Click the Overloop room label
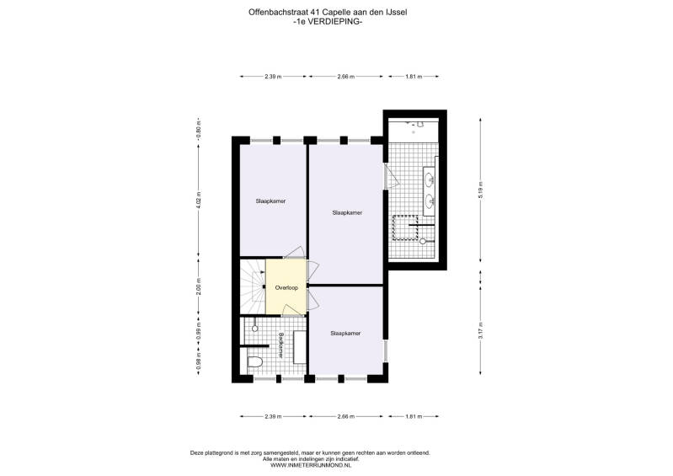click(x=286, y=288)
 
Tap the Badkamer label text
click(x=280, y=345)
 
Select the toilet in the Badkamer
click(x=255, y=361)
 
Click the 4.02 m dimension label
click(x=198, y=201)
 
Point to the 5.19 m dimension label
click(x=480, y=190)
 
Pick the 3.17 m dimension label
click(x=480, y=330)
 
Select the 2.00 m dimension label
click(x=198, y=286)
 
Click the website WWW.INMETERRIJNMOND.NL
click(x=311, y=465)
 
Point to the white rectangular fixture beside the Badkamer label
click(x=300, y=347)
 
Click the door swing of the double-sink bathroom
click(x=392, y=176)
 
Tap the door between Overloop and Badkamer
click(x=291, y=309)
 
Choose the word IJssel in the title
click(x=396, y=13)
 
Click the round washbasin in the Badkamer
click(x=254, y=329)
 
